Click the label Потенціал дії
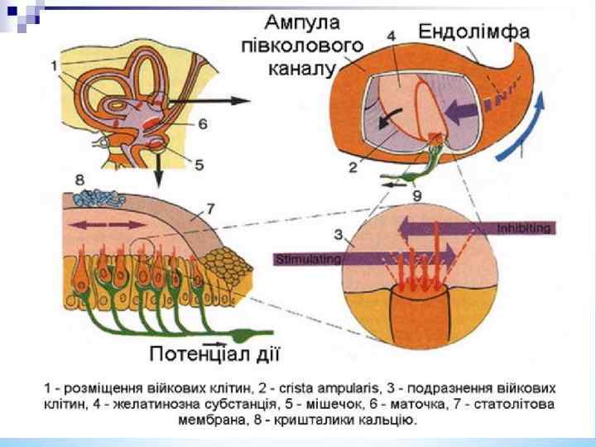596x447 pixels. tap(215, 355)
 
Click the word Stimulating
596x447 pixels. tap(307, 259)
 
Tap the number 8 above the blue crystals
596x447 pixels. tap(79, 179)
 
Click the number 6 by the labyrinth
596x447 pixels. tap(201, 123)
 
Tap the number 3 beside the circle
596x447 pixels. tap(339, 235)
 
